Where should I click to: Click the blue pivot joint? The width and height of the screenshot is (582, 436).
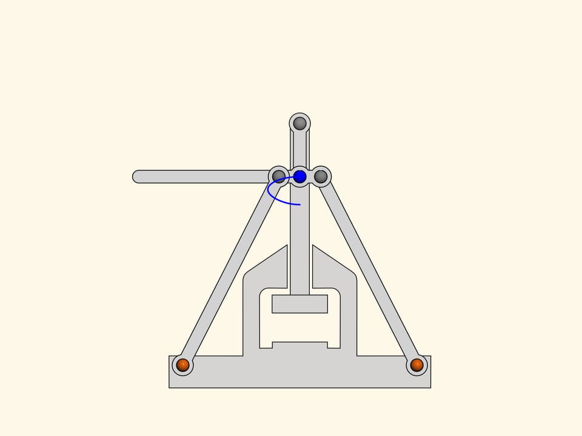point(299,176)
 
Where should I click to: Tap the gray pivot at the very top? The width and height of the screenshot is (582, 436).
point(299,124)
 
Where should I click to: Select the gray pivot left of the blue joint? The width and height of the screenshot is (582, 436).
point(278,176)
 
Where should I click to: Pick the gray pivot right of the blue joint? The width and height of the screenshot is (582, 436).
point(321,176)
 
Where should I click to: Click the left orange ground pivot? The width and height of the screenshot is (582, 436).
point(182,365)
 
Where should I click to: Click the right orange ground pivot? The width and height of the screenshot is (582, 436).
point(416,365)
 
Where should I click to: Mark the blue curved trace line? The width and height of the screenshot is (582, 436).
point(270,193)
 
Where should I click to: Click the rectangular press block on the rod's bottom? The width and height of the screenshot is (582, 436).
point(299,303)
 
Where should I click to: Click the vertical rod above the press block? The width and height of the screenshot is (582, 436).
point(299,242)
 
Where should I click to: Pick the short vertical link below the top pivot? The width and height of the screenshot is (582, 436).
point(299,148)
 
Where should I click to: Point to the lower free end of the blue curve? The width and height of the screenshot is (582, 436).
point(300,205)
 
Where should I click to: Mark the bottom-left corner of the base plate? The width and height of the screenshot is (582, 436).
point(170,387)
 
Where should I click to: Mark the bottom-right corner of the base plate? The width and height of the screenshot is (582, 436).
point(430,387)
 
